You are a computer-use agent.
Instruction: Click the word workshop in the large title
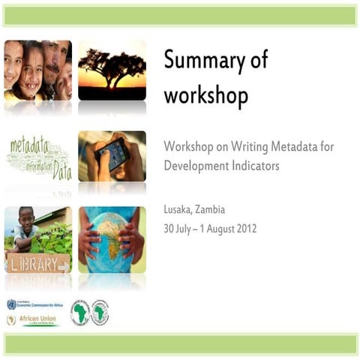click(x=205, y=97)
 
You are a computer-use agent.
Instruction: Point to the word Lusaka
click(x=180, y=209)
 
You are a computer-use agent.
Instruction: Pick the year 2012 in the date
click(x=244, y=228)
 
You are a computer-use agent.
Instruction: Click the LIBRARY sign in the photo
click(x=34, y=263)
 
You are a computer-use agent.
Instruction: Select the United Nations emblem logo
click(x=11, y=304)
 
